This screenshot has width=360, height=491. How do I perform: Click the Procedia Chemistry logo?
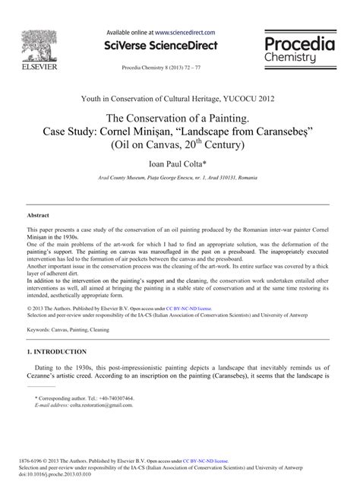(302, 52)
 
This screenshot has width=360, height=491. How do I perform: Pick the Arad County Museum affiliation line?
(179, 177)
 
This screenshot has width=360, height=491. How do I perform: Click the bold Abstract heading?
(39, 216)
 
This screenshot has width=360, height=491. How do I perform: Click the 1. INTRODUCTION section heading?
(56, 352)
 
